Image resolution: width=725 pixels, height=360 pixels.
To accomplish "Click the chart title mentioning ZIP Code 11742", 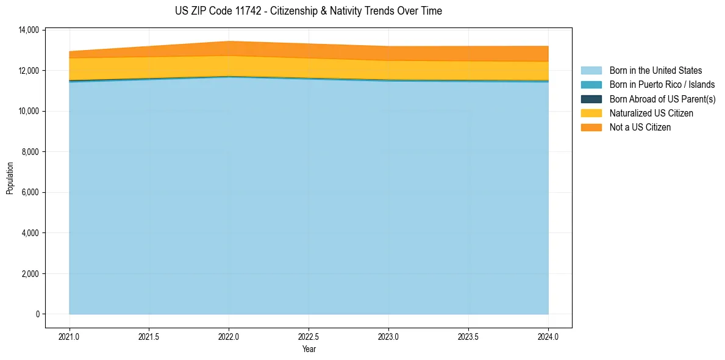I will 308,11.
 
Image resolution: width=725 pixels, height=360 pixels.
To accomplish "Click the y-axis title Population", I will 10,178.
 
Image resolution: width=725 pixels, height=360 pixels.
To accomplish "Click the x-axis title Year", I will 309,349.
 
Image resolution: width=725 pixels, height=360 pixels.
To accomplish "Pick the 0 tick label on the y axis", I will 37,314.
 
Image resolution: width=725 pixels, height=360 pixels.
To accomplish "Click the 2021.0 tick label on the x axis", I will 69,336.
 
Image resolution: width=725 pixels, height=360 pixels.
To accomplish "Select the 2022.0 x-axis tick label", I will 229,336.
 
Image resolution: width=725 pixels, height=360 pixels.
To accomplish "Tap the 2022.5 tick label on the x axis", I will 309,336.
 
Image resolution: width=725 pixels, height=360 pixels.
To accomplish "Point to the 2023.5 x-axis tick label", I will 468,336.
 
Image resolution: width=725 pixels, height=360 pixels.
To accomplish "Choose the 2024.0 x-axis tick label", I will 548,336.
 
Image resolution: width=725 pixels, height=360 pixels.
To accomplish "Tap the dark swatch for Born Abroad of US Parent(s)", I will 591,99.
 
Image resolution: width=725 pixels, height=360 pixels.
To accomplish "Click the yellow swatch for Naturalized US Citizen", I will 591,113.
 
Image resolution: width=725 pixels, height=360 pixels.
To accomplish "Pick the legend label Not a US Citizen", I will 640,127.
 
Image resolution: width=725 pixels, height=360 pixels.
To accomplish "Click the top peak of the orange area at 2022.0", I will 229,41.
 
